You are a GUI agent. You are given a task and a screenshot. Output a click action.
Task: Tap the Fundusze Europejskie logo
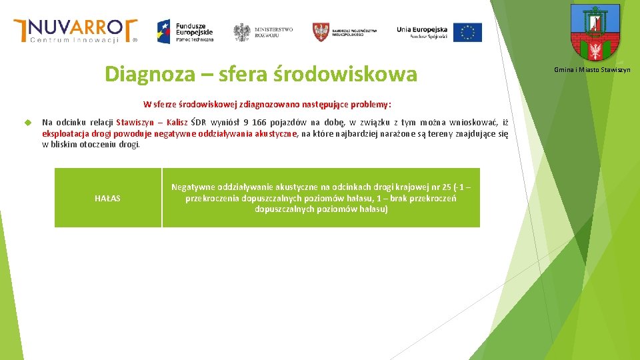click(x=185, y=31)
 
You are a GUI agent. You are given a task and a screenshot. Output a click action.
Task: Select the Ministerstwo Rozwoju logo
click(x=263, y=31)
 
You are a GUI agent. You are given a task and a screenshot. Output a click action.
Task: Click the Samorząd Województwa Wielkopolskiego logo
click(x=345, y=31)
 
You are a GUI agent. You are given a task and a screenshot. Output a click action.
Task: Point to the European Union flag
click(x=467, y=32)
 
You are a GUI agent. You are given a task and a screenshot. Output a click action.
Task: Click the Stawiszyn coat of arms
click(x=595, y=33)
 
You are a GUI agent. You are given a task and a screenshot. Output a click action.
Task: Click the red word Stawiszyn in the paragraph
click(x=136, y=123)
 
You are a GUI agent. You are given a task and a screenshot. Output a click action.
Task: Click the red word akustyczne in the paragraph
click(x=274, y=133)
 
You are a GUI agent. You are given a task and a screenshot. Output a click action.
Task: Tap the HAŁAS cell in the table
click(x=108, y=198)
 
